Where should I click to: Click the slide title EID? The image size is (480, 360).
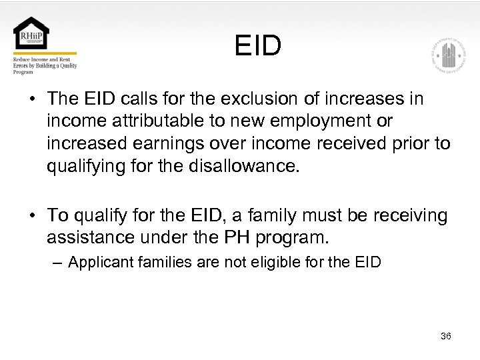coord(258,46)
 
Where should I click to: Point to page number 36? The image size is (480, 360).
coord(446,336)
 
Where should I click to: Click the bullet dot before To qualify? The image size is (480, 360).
coord(31,216)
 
